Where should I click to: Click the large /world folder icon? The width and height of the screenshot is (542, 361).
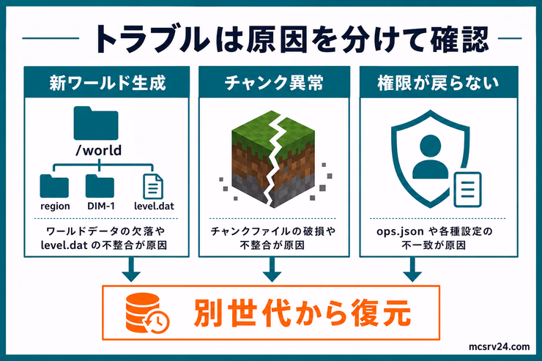(x=96, y=123)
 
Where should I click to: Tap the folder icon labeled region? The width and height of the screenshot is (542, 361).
(x=54, y=186)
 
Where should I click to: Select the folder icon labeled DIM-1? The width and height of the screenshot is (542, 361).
(x=100, y=186)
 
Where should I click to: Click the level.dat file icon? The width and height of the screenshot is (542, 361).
(x=153, y=187)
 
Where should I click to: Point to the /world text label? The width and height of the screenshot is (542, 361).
(x=99, y=151)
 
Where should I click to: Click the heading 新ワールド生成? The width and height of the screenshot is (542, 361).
(x=108, y=83)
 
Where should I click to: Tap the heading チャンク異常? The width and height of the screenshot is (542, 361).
(x=274, y=83)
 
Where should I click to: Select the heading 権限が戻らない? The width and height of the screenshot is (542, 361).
(x=438, y=83)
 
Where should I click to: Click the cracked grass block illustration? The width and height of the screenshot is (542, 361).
(x=273, y=159)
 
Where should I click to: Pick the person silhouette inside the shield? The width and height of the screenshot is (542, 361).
(x=431, y=157)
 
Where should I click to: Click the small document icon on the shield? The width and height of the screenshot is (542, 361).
(x=468, y=190)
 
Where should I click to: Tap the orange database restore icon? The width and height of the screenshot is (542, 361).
(x=147, y=313)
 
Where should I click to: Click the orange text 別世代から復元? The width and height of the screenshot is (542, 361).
(x=302, y=313)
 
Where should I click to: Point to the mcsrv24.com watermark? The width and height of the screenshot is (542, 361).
(x=499, y=346)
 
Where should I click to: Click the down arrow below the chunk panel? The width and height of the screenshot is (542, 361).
(x=272, y=269)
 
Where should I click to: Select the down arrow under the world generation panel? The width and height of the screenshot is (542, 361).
(x=131, y=269)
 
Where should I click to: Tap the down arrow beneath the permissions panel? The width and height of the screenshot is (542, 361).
(x=412, y=269)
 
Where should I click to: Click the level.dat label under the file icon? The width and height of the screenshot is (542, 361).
(x=154, y=206)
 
